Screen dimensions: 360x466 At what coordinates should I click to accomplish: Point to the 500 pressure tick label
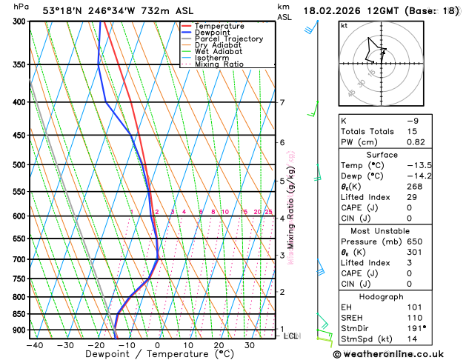click(x=17, y=165)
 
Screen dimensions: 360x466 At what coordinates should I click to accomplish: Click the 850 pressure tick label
click(x=17, y=314)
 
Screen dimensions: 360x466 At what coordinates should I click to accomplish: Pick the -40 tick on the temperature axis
click(x=33, y=345)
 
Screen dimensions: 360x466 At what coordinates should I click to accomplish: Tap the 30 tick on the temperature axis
click(x=250, y=345)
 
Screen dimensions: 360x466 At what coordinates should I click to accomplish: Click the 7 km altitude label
click(x=282, y=103)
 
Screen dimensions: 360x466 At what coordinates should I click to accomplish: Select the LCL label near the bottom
click(x=291, y=336)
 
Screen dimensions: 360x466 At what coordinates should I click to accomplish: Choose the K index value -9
click(x=412, y=120)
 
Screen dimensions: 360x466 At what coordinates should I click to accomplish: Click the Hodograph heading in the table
click(x=385, y=296)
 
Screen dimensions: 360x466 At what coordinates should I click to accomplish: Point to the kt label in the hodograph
click(x=344, y=25)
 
